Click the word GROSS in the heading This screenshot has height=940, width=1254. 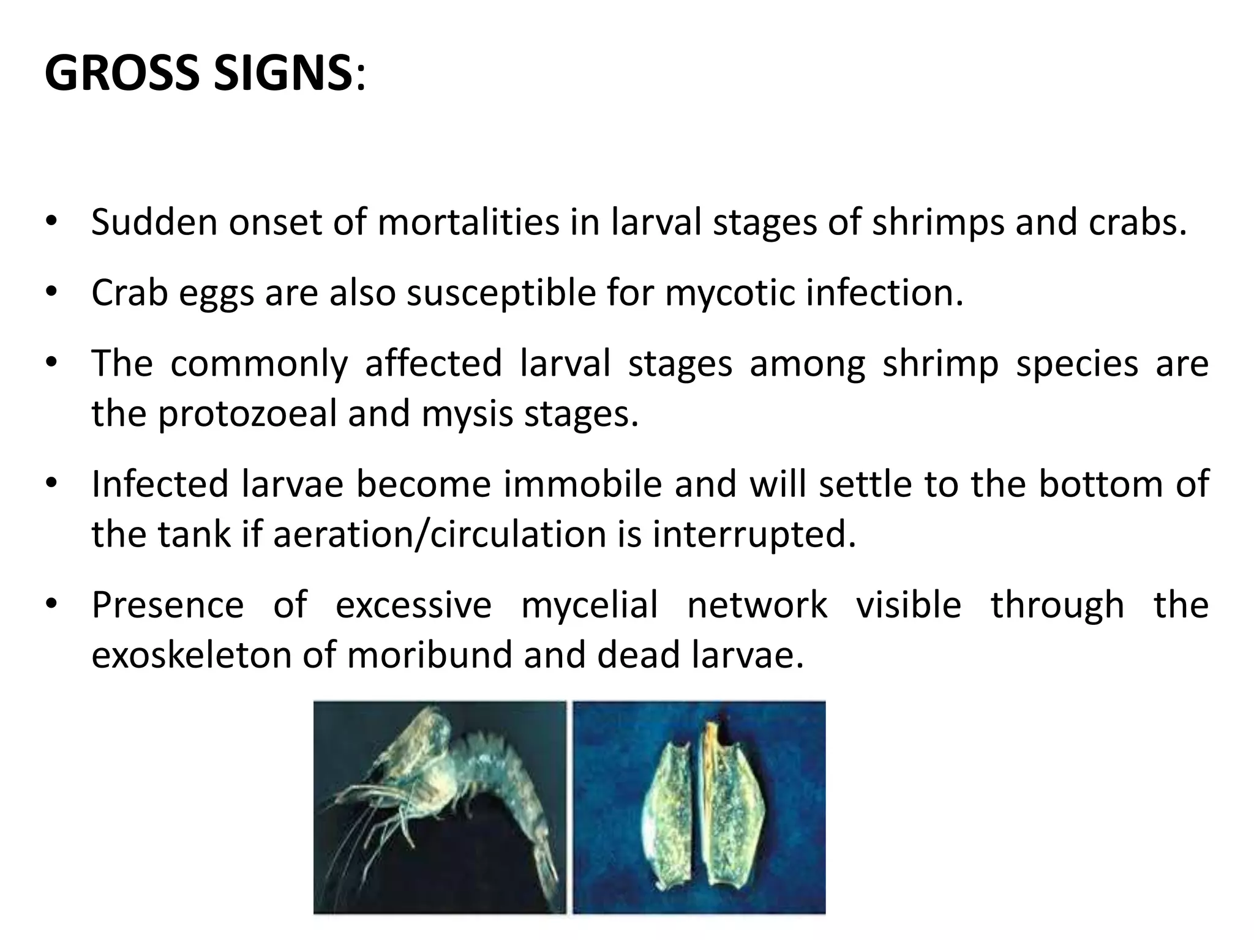click(x=122, y=73)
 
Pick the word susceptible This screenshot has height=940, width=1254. click(x=501, y=294)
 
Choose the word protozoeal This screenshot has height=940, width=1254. click(x=247, y=414)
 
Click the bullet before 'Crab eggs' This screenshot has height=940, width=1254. click(x=51, y=293)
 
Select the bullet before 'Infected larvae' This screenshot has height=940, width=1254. click(x=51, y=483)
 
